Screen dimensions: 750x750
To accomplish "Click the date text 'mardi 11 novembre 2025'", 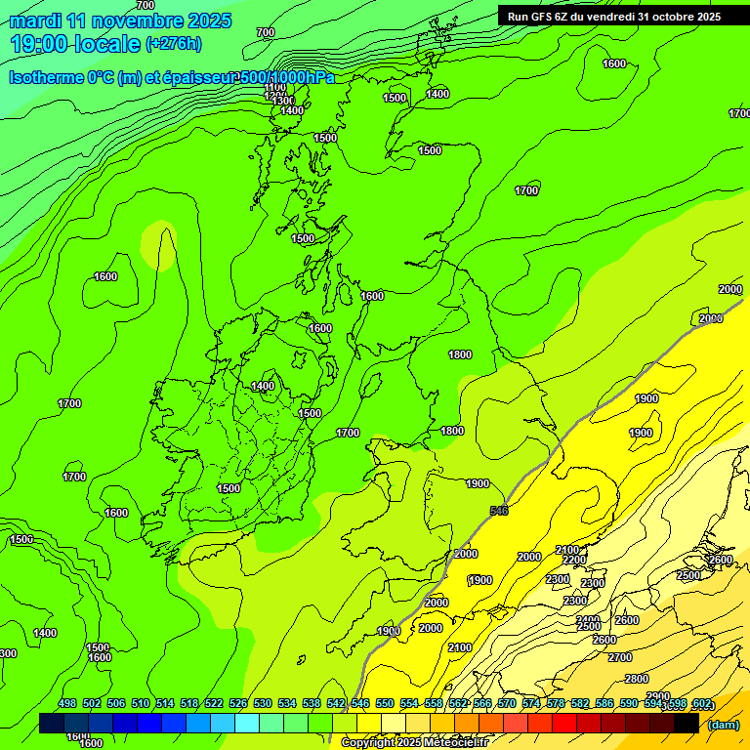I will [120, 21].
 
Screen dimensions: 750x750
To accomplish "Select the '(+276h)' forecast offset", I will [174, 44].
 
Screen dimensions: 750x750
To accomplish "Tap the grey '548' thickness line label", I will [499, 511].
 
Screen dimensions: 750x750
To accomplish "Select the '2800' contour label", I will [637, 679].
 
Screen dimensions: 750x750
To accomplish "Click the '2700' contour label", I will [620, 657].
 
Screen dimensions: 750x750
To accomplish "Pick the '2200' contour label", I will [574, 561].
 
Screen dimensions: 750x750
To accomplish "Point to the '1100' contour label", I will [275, 88].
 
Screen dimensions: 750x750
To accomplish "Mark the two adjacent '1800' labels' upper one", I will [460, 354].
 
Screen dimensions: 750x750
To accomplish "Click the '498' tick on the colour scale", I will [67, 703].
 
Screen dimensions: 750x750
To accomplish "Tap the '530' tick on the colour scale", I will [263, 703].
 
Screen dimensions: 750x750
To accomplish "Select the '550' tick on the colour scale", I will [385, 703].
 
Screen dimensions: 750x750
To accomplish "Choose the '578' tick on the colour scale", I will [556, 703].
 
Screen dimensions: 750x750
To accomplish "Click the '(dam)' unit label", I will [723, 724].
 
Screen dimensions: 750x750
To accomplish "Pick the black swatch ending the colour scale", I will [687, 723].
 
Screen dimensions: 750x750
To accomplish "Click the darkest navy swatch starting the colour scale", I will [52, 723].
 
